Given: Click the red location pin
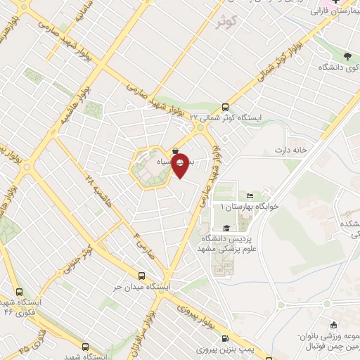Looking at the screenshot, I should [181, 164].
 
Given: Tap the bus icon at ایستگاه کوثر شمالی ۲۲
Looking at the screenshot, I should [224, 108].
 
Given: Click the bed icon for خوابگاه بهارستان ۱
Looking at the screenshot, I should [251, 196].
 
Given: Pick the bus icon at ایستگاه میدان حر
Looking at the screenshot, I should [142, 276].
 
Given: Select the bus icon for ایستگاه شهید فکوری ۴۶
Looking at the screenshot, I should [19, 291].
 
